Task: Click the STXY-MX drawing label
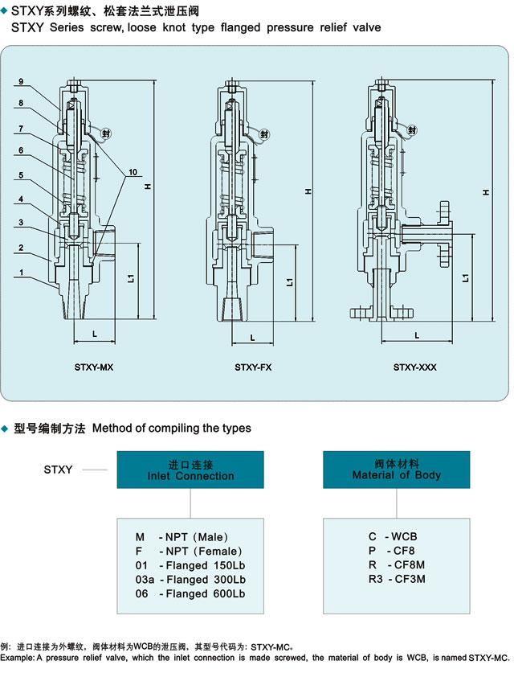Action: (x=94, y=367)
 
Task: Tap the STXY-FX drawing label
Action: (x=253, y=367)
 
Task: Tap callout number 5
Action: (x=20, y=176)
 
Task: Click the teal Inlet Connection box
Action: (x=190, y=470)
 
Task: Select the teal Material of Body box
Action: (x=396, y=470)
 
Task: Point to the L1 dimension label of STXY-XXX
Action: (x=467, y=278)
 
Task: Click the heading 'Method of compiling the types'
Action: (x=172, y=428)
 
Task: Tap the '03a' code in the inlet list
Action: (x=145, y=579)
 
